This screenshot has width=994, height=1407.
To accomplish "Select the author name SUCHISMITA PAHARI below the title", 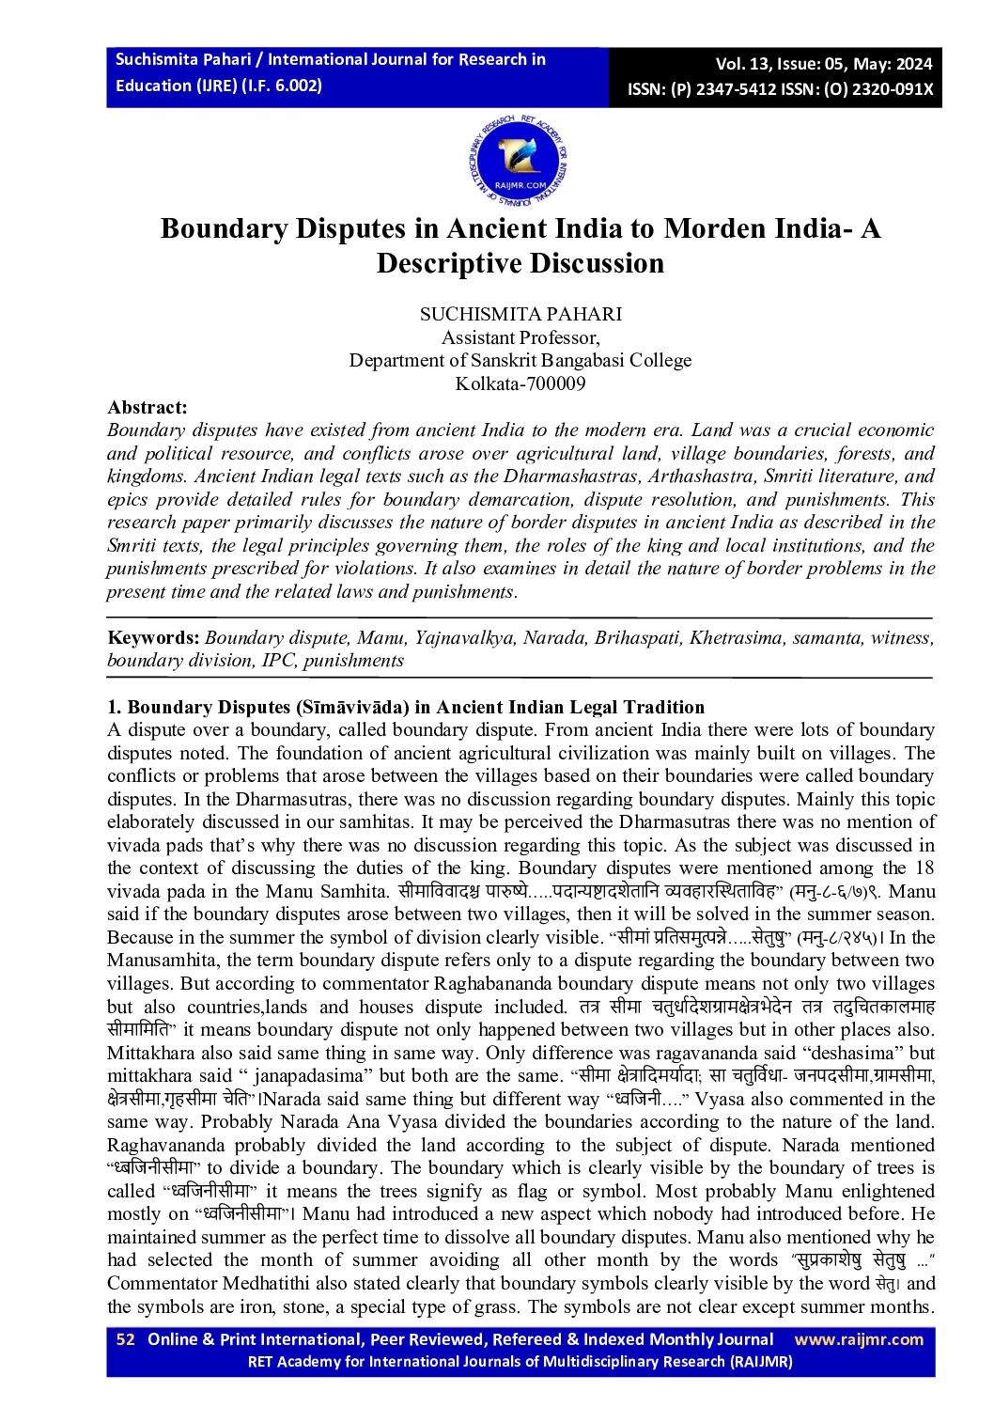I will click(x=520, y=314).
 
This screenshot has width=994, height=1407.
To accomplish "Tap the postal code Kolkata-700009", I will click(x=520, y=383).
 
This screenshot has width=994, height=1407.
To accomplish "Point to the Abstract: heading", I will click(x=148, y=407).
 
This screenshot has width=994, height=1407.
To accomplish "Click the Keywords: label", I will click(x=153, y=637).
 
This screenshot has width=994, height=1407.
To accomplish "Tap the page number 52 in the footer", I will click(x=126, y=1339).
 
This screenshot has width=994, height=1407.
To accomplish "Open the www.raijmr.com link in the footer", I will click(x=859, y=1339).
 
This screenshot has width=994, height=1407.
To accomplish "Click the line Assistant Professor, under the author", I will click(x=520, y=337).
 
